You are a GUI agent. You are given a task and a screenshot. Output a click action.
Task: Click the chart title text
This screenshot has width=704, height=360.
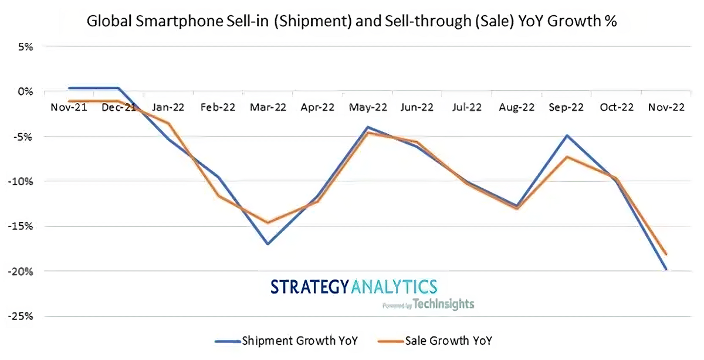click(x=351, y=22)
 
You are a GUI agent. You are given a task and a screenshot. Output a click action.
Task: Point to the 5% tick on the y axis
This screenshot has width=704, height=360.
click(x=26, y=46)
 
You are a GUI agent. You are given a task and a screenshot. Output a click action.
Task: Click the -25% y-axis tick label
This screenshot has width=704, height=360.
click(x=22, y=317)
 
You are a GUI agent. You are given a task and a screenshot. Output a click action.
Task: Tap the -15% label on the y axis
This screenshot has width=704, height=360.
click(x=22, y=226)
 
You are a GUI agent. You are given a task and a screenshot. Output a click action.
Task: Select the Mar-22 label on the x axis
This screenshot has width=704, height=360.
click(x=268, y=107)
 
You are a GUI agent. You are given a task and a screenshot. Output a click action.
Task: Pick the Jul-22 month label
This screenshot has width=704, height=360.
click(x=466, y=107)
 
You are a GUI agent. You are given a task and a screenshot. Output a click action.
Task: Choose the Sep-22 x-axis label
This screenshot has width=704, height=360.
click(x=567, y=107)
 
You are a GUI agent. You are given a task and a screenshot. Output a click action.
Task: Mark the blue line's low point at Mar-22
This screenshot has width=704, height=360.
click(x=268, y=244)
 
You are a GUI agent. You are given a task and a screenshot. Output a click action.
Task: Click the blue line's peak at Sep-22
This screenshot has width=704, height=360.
click(x=567, y=135)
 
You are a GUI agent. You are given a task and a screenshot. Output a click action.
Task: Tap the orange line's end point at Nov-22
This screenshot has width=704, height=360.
click(x=666, y=254)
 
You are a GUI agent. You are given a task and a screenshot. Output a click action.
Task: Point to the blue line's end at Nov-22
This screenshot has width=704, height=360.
click(x=666, y=270)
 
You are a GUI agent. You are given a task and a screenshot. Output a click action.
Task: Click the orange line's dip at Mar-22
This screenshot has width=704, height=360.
click(x=268, y=223)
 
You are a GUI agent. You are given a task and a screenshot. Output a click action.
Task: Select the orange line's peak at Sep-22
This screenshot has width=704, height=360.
click(x=567, y=157)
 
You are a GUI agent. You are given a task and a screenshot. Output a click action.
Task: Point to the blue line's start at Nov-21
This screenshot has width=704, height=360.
click(x=69, y=88)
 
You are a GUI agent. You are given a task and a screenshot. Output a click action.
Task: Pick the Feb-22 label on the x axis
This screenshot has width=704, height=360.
click(x=218, y=107)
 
